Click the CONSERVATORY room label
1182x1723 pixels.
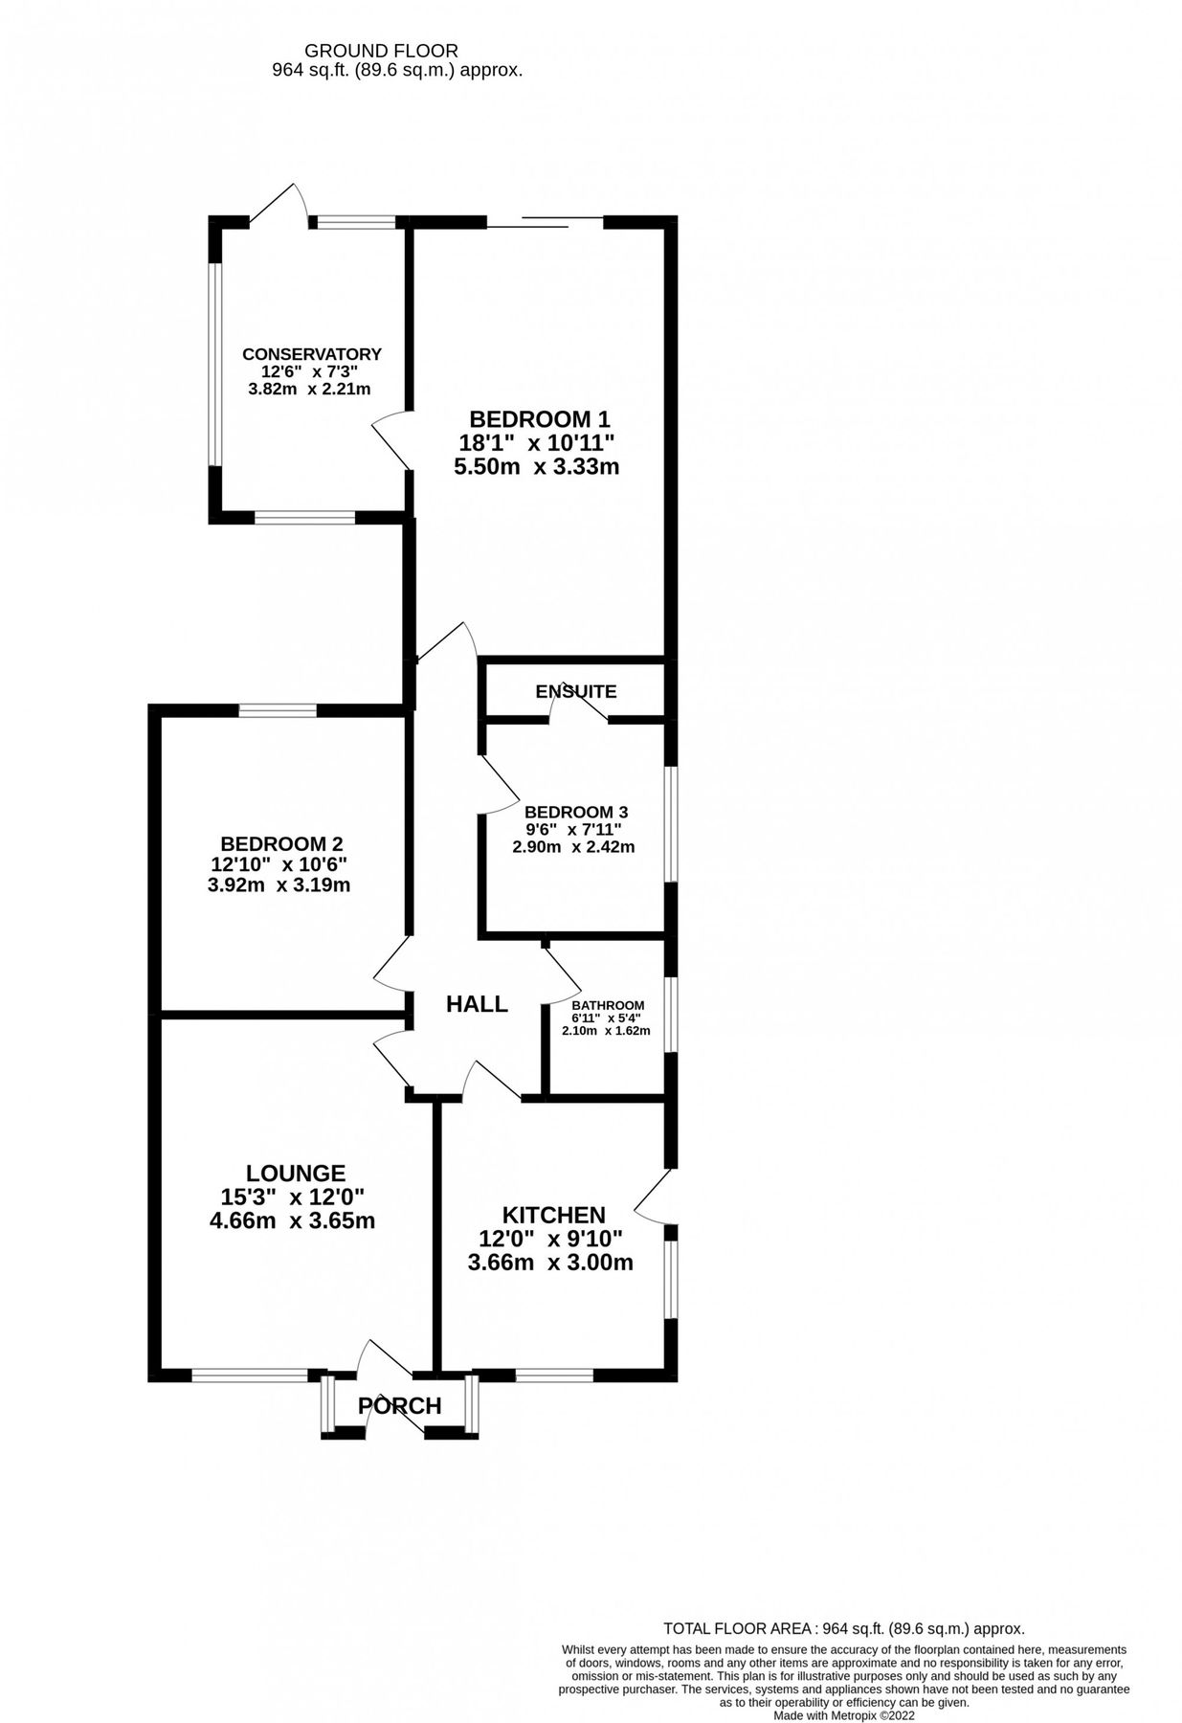coord(311,354)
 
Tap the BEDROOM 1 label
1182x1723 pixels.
coord(539,419)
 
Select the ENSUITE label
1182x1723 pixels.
coord(576,691)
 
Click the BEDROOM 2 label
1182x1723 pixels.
coord(281,843)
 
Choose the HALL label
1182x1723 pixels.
coord(477,1004)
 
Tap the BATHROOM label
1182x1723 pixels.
coord(608,1005)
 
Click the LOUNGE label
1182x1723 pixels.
coord(296,1173)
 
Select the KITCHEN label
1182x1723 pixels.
coord(553,1215)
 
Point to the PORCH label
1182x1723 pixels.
coord(400,1406)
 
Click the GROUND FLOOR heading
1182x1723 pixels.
coord(381,51)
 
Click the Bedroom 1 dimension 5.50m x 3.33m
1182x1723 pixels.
coord(539,467)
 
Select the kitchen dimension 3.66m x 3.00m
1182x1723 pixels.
coord(550,1263)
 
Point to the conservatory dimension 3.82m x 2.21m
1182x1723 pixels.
coord(309,389)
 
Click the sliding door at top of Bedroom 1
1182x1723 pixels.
coord(545,223)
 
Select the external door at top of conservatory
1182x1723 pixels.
coord(279,204)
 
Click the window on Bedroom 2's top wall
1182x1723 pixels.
coord(278,710)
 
